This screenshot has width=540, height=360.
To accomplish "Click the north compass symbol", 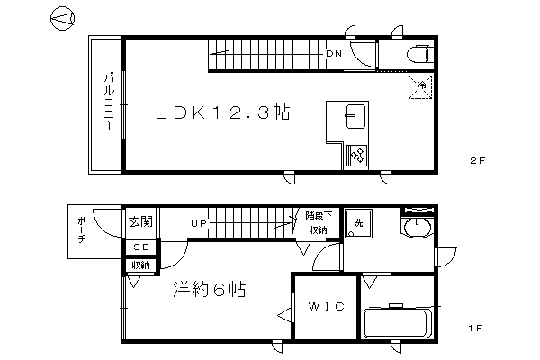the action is tap(62, 18).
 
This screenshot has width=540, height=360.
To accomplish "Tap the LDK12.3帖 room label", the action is tap(223, 112).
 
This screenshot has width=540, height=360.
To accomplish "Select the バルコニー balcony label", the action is tap(109, 101).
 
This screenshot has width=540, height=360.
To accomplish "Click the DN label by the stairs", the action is tap(334, 54).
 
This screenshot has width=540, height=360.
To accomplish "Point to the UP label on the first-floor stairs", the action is tap(199, 223).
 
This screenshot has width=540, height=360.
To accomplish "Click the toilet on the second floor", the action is tap(418, 54).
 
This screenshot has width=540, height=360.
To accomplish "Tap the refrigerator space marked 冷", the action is tap(420, 86).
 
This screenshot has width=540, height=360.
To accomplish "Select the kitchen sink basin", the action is tap(355, 116).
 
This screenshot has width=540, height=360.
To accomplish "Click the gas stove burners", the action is tap(357, 154).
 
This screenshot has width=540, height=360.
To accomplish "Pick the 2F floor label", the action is tap(477, 160).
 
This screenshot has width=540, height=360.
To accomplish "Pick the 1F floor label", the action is tap(475, 328).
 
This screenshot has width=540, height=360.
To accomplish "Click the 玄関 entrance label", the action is tap(140, 221).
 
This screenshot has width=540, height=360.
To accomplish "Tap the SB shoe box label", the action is tap(141, 247).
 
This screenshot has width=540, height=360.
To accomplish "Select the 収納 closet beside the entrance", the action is tap(141, 265).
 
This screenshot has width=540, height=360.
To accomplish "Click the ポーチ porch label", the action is tap(81, 229).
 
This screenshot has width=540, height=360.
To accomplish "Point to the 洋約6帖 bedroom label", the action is tap(210, 290).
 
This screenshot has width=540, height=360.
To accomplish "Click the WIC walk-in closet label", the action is tap(326, 306).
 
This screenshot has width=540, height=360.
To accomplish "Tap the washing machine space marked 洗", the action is tap(358, 223).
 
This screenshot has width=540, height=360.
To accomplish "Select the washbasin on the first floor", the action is tap(418, 228).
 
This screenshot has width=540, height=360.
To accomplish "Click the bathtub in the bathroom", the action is tap(398, 323).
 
